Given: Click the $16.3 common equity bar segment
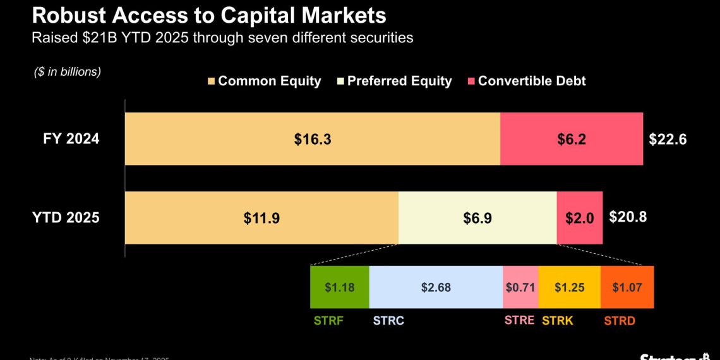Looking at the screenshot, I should pos(312,139).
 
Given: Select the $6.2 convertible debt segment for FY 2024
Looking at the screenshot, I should pos(571,139).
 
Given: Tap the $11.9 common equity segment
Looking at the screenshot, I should pos(261,218).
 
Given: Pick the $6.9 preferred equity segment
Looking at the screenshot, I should pos(477,218).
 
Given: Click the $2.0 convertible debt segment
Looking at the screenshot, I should pos(579,218).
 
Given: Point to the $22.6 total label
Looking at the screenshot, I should pos(667,140).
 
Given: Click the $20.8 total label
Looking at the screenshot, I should pos(628,217).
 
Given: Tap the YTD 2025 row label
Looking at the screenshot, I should pos(66,218).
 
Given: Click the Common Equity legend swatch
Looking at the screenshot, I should pos(212,81).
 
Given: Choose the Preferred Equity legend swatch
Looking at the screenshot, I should pos(341,81).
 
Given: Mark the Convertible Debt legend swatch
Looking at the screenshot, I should pos(471,81).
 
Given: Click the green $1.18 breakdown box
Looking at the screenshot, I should pos(339,287).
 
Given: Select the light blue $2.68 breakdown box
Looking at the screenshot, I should pos(436,287).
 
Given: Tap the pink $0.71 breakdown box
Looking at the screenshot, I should pos(520,287).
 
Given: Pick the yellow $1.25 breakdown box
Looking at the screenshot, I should pos(570,287).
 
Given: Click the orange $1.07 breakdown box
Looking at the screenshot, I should pos(627,287).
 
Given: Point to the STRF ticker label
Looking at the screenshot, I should pos(328,320).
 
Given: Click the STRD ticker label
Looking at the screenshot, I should pos(619,320).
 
